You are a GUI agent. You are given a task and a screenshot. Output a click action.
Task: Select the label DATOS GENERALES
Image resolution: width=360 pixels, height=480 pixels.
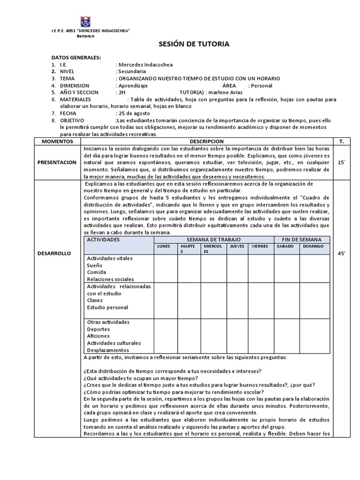click(x=76, y=57)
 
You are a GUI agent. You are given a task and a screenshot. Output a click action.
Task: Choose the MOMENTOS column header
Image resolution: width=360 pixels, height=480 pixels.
click(x=57, y=141)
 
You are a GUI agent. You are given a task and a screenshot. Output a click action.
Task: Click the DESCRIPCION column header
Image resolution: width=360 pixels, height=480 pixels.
click(x=206, y=141)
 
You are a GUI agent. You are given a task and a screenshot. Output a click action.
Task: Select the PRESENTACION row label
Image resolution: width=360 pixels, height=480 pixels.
click(x=57, y=162)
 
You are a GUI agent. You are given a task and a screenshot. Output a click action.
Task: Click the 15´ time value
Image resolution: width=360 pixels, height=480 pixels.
click(x=341, y=162)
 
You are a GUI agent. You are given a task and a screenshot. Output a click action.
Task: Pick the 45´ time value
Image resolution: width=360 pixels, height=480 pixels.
click(x=341, y=253)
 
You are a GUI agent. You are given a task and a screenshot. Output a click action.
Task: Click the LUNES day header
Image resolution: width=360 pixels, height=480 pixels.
click(x=163, y=246)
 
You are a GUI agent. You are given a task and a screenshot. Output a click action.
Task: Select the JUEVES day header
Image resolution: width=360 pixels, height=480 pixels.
click(x=237, y=246)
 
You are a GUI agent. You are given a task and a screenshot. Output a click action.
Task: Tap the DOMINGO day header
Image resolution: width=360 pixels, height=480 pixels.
click(x=313, y=246)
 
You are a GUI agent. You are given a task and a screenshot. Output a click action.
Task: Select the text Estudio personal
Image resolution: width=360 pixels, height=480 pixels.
click(x=107, y=307)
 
